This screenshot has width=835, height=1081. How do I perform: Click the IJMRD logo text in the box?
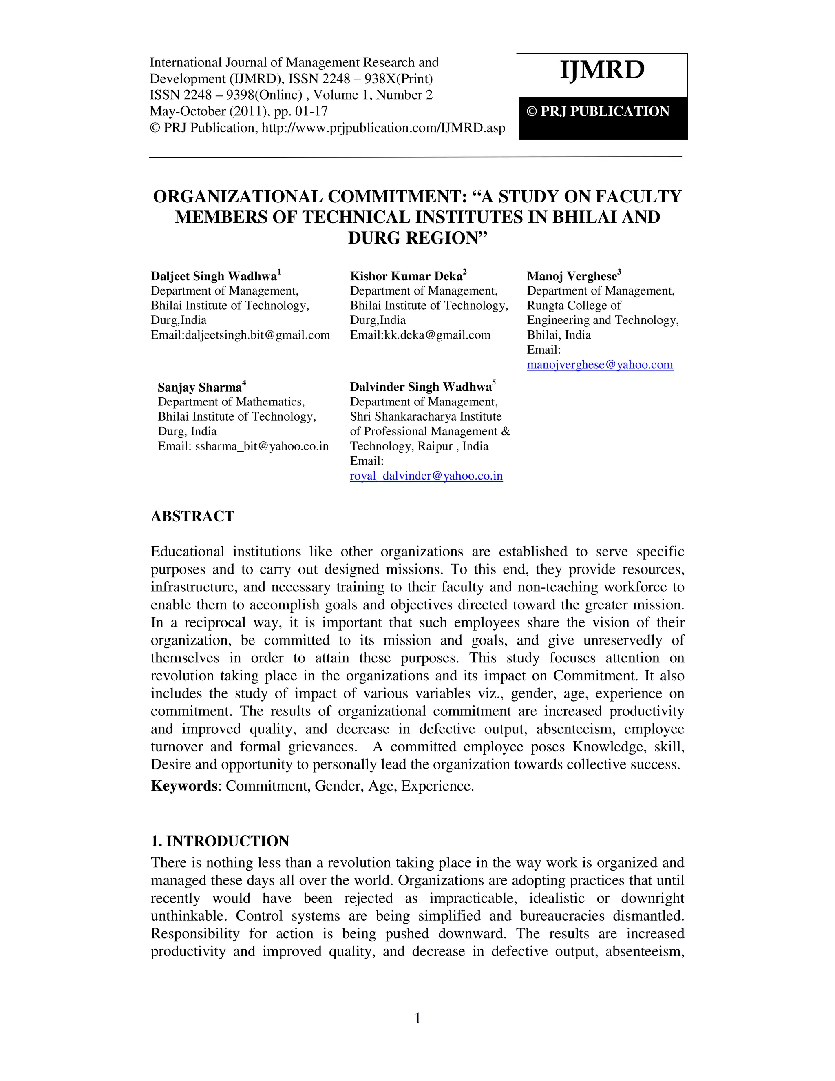click(x=602, y=70)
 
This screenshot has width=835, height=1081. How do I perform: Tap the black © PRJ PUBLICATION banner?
click(x=602, y=112)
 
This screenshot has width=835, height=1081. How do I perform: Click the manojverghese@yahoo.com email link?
click(x=599, y=365)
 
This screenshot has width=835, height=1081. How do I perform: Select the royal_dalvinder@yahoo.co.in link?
click(x=426, y=476)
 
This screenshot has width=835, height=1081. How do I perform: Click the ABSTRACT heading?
click(x=192, y=516)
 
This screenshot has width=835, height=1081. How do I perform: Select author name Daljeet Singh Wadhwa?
click(x=214, y=276)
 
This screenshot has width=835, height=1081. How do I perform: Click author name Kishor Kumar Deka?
click(x=406, y=276)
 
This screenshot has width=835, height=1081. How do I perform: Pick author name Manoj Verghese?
click(x=572, y=276)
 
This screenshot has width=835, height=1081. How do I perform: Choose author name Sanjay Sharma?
click(x=199, y=387)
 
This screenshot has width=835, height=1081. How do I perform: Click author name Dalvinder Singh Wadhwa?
click(x=420, y=387)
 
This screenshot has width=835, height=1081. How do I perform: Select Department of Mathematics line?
click(x=231, y=402)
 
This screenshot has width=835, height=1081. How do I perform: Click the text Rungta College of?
click(x=573, y=306)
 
